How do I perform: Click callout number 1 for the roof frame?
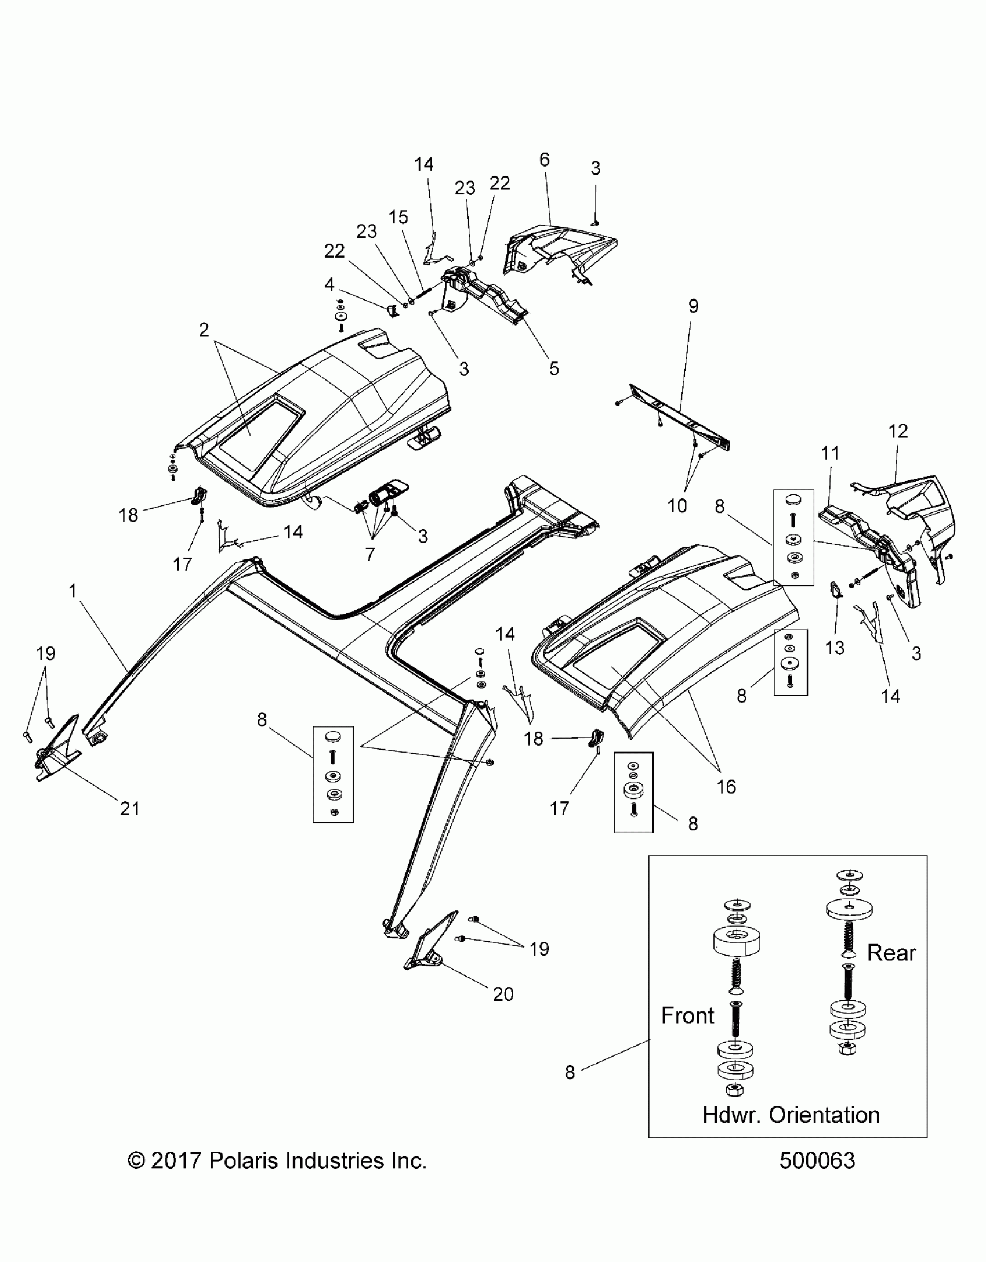click(x=72, y=591)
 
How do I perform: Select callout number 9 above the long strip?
click(x=694, y=306)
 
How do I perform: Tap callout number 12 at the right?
click(x=898, y=431)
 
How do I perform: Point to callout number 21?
click(x=130, y=808)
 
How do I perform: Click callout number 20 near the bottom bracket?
click(x=503, y=994)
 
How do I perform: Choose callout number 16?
click(x=726, y=787)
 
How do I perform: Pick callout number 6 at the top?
click(x=544, y=160)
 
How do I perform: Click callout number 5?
click(x=554, y=368)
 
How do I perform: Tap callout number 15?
click(x=398, y=218)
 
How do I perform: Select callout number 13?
click(x=835, y=648)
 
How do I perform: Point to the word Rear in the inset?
click(x=891, y=953)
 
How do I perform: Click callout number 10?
click(x=677, y=506)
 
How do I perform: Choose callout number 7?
click(x=370, y=554)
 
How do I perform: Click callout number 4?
click(x=329, y=284)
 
